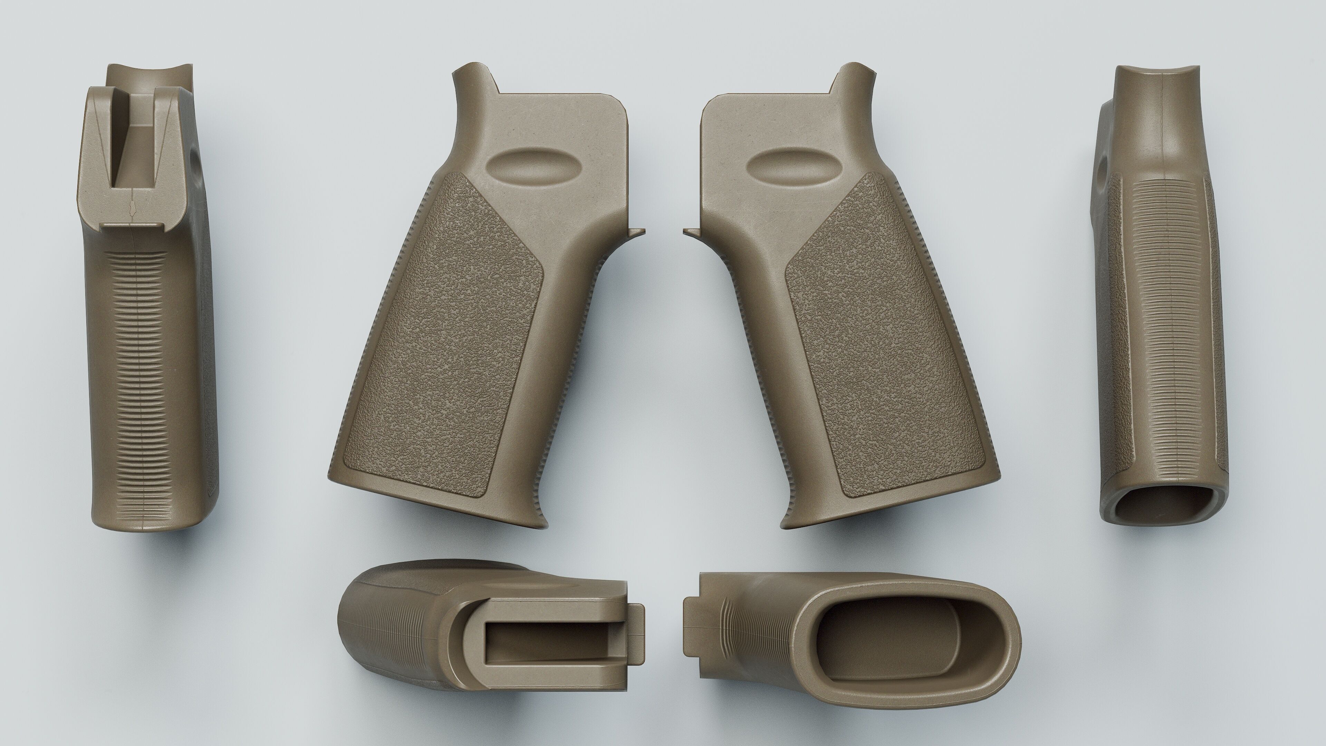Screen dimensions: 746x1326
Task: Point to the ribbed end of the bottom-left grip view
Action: click(360, 638)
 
